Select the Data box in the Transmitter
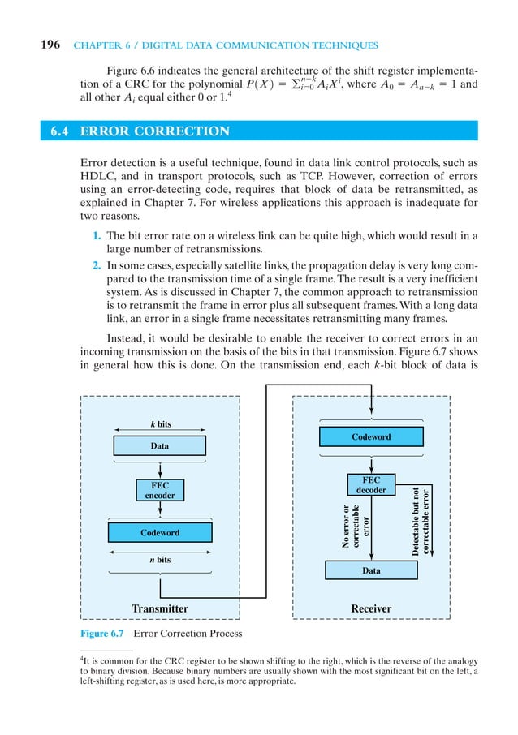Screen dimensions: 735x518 pyautogui.click(x=160, y=446)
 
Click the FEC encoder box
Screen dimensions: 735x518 pyautogui.click(x=160, y=490)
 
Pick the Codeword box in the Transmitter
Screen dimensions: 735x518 pyautogui.click(x=160, y=533)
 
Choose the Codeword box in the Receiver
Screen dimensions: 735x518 pyautogui.click(x=371, y=437)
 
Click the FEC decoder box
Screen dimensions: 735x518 pyautogui.click(x=371, y=485)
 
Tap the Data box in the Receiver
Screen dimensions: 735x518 pyautogui.click(x=371, y=571)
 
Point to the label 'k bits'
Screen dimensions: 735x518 pyautogui.click(x=161, y=424)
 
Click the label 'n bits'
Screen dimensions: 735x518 pyautogui.click(x=160, y=559)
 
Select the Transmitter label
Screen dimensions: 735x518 pyautogui.click(x=160, y=608)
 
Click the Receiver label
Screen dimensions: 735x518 pyautogui.click(x=371, y=608)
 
